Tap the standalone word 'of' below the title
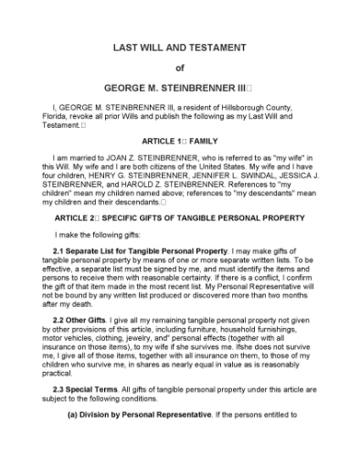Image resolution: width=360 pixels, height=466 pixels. click(179, 67)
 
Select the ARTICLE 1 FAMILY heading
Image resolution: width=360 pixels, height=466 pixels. click(179, 143)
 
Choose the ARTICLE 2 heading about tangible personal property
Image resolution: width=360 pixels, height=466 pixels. click(179, 220)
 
